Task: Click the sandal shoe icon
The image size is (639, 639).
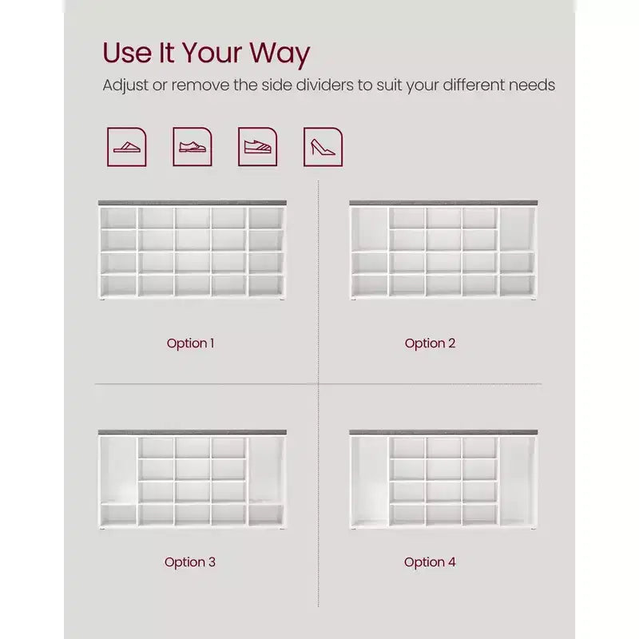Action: tap(127, 147)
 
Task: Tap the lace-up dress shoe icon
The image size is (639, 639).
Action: tap(192, 147)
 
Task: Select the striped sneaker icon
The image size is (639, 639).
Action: tap(257, 147)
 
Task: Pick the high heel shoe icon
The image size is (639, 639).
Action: tap(323, 147)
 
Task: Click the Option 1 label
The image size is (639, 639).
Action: tap(190, 343)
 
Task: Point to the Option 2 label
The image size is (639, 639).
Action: tap(430, 343)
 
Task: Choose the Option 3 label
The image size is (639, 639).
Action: tap(190, 562)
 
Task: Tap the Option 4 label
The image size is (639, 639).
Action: tap(430, 562)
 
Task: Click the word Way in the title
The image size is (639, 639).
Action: tap(280, 54)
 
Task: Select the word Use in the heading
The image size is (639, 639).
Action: tap(127, 53)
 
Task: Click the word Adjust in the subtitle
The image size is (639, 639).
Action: tap(125, 86)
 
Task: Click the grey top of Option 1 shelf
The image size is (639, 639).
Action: tap(192, 203)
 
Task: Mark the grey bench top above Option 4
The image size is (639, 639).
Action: tap(443, 432)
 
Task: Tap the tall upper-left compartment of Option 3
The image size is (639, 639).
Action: tap(118, 470)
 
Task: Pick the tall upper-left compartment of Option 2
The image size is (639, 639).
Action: tap(370, 229)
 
